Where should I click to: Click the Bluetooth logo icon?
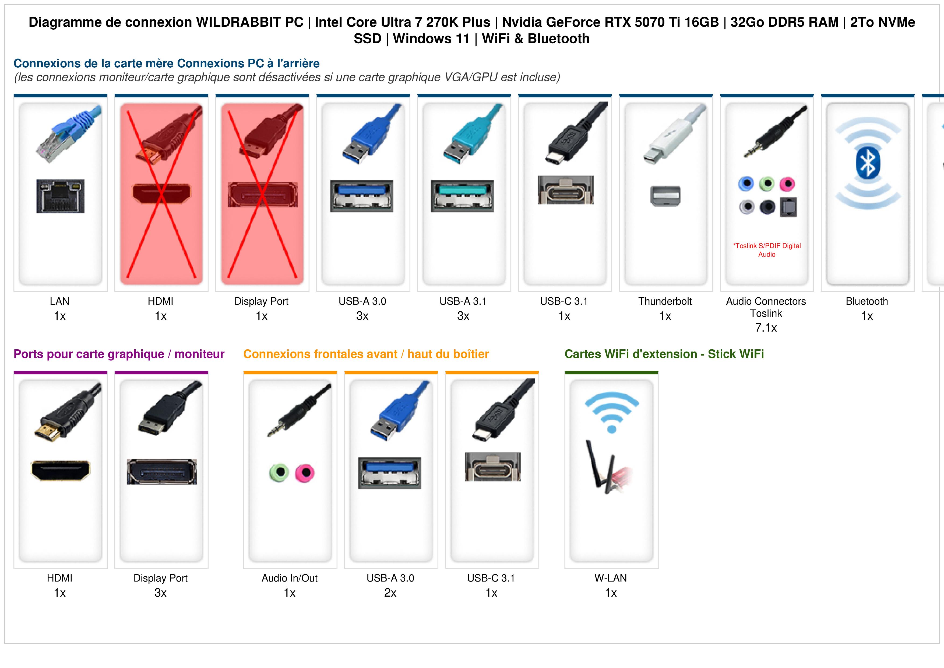pos(868,163)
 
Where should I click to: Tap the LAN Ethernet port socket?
pos(61,196)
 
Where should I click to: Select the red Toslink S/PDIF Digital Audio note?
pos(767,250)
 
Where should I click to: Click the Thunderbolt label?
pos(665,301)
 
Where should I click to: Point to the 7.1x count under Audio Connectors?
pos(766,328)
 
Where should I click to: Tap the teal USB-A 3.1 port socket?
pos(463,196)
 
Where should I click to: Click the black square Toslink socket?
pos(788,207)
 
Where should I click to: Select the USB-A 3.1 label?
pos(463,301)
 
